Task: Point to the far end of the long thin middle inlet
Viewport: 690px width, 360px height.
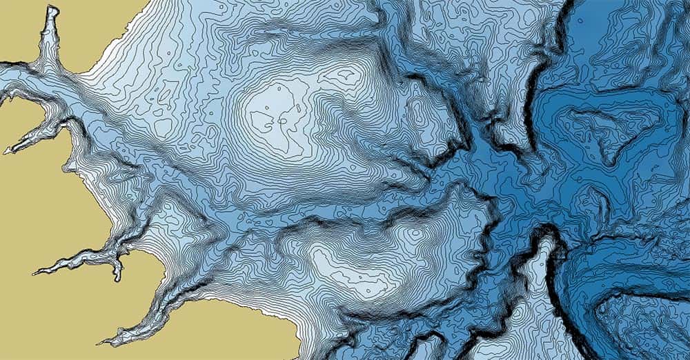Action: [34, 272]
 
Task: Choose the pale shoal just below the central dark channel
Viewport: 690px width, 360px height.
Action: [345, 266]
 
